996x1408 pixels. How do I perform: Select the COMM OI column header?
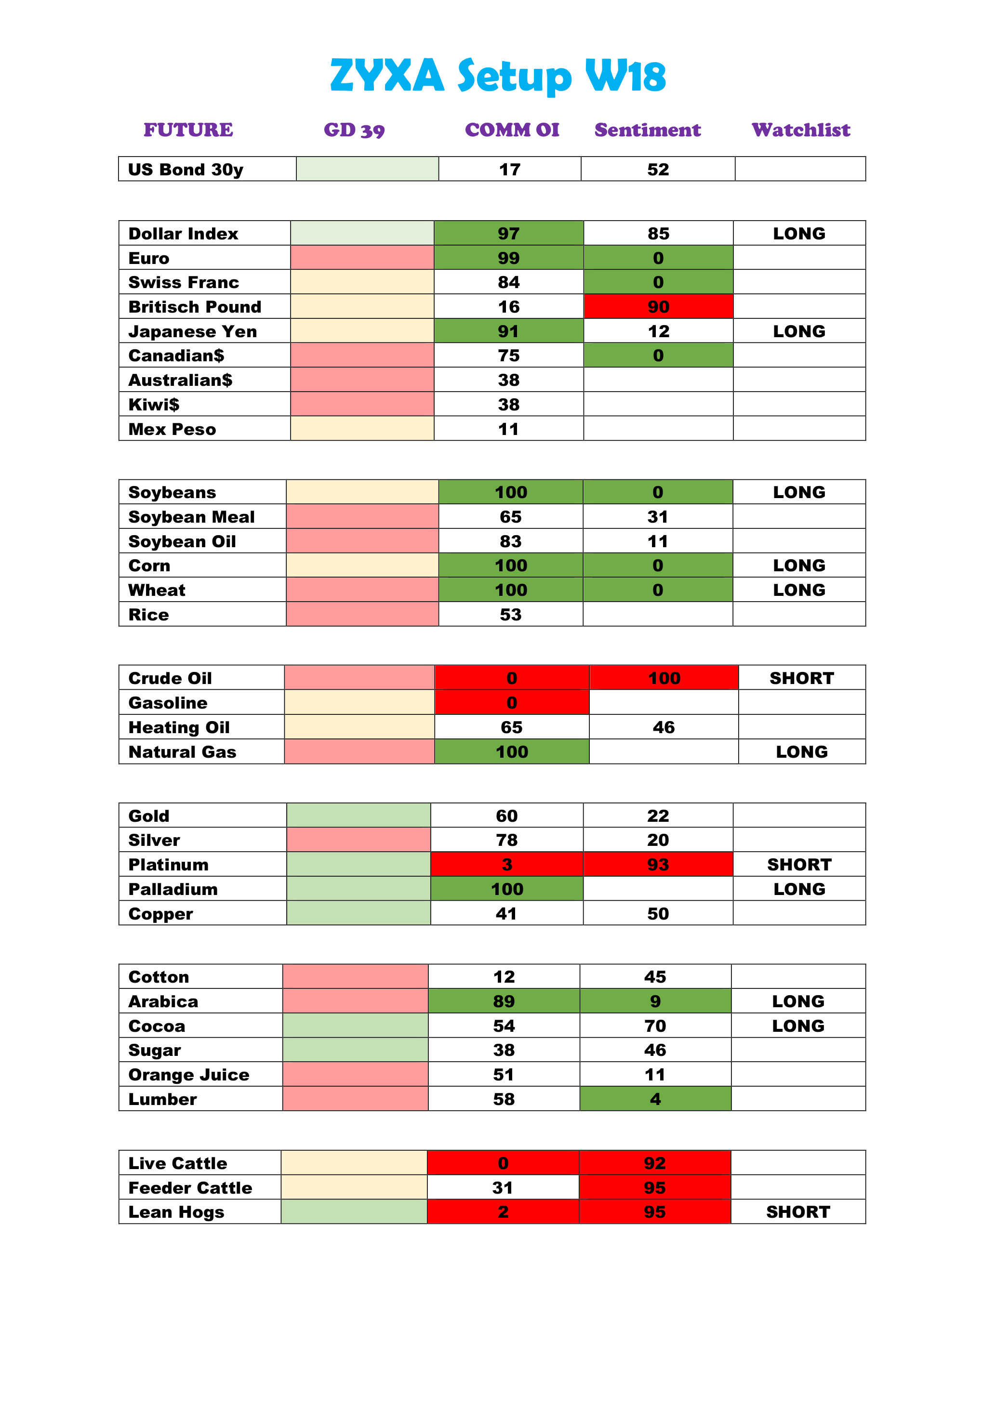[512, 130]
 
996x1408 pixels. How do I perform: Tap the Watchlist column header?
[800, 130]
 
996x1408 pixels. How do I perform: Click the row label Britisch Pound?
[194, 307]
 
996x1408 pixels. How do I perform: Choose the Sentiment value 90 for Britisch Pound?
[658, 307]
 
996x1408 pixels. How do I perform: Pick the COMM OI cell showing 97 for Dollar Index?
[508, 234]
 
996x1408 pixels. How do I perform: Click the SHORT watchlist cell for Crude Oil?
[802, 678]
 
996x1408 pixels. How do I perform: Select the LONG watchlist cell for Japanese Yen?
[798, 331]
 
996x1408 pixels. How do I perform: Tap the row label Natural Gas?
[182, 752]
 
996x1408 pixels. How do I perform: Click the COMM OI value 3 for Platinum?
[506, 865]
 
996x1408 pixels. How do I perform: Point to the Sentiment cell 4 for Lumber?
[655, 1099]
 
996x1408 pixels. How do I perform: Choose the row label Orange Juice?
[188, 1074]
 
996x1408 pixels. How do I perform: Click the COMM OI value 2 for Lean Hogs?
[503, 1212]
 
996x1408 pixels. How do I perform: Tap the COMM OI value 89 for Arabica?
[504, 1001]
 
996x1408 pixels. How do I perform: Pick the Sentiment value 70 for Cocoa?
[655, 1026]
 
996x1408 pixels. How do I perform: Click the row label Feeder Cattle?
[190, 1188]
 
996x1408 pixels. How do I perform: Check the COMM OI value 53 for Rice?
[510, 615]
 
